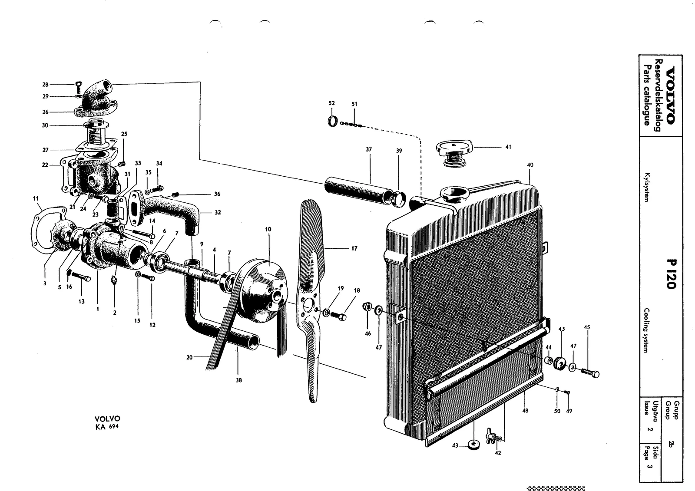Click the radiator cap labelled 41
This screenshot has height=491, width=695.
click(454, 154)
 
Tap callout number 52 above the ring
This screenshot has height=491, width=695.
click(332, 103)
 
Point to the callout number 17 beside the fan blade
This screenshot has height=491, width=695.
click(354, 248)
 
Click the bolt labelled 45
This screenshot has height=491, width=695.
click(590, 372)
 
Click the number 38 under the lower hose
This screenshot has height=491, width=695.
click(238, 380)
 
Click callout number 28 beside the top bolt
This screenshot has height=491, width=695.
click(46, 85)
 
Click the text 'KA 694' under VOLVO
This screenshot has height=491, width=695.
click(107, 427)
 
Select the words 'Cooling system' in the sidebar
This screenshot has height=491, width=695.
click(647, 330)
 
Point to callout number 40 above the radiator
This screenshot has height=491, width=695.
click(530, 165)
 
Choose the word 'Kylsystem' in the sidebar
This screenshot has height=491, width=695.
click(647, 188)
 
